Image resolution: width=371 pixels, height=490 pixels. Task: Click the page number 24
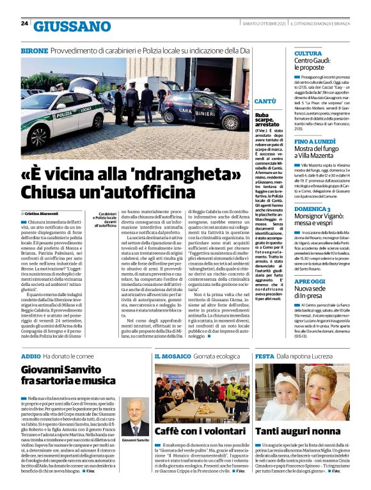(24, 24)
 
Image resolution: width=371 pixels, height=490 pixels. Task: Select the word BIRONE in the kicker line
(35, 50)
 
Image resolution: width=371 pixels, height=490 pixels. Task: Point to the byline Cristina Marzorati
(42, 212)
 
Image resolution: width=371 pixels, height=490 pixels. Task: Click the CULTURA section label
(308, 53)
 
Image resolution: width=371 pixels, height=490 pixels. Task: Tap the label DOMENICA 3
(312, 209)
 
